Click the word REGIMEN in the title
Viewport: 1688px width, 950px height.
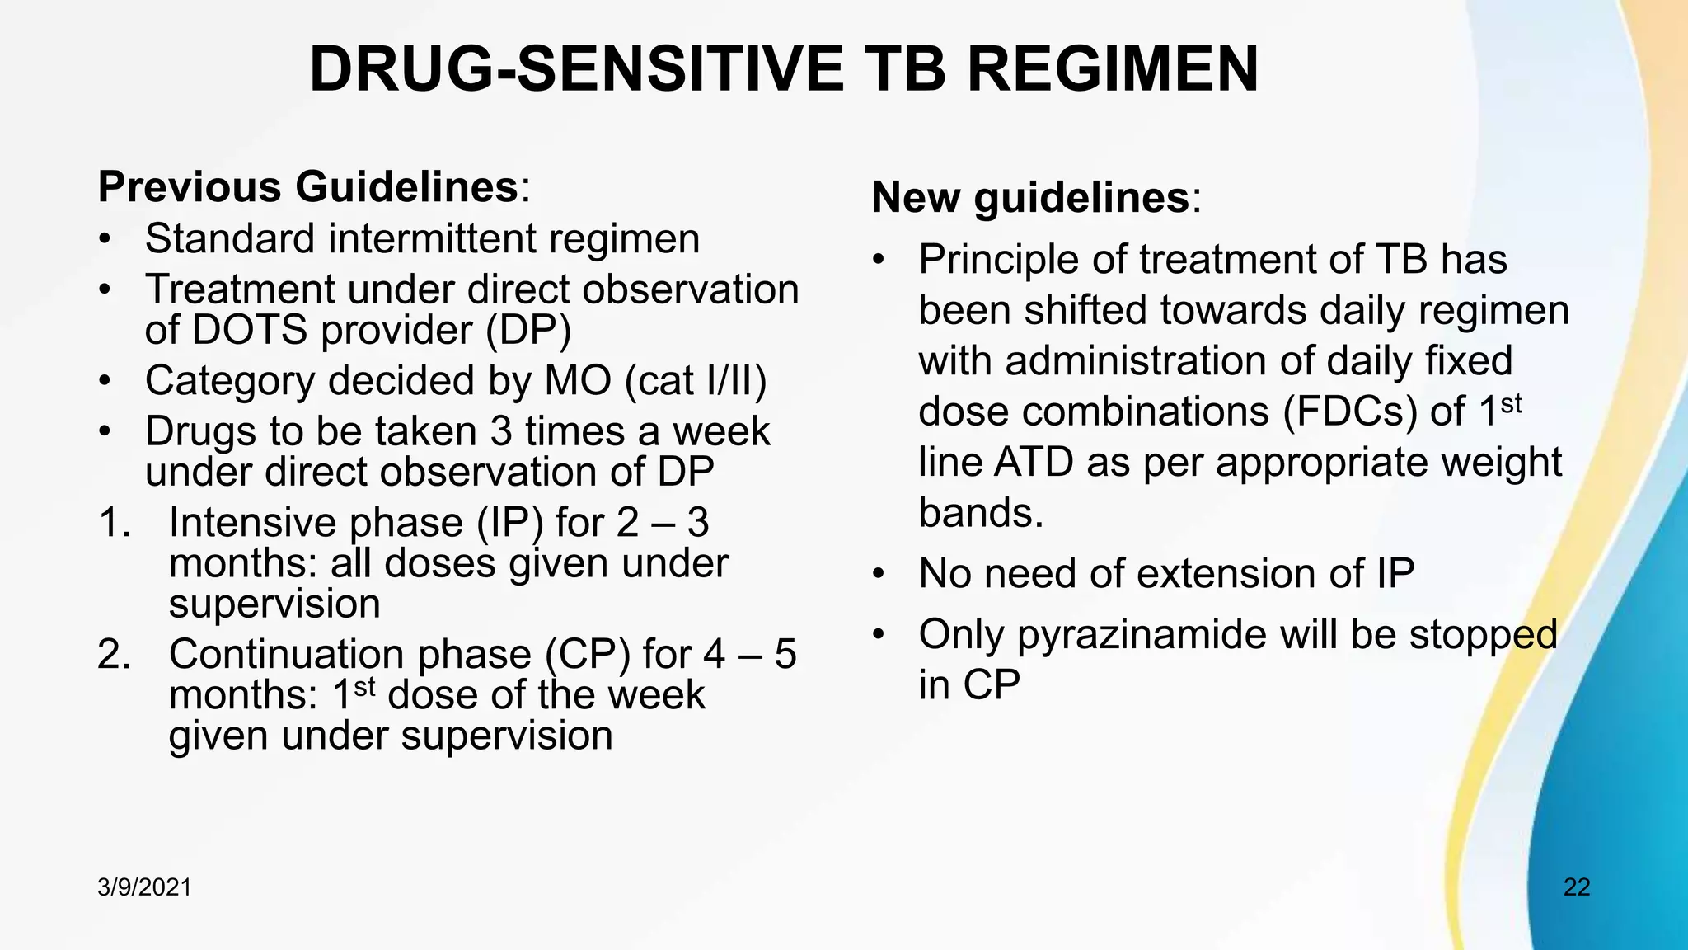tap(1112, 69)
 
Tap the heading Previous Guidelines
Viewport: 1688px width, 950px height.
tap(307, 186)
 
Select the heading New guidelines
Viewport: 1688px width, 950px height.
tap(1030, 198)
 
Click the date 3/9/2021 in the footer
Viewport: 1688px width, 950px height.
tap(144, 887)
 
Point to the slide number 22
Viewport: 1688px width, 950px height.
tap(1576, 887)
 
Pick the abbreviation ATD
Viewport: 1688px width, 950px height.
tap(1033, 463)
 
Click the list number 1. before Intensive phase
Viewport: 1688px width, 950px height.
tap(115, 523)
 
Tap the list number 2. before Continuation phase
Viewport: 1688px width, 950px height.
tap(115, 655)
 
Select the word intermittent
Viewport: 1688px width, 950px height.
tap(432, 239)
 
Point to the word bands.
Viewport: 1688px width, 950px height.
tap(980, 514)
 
